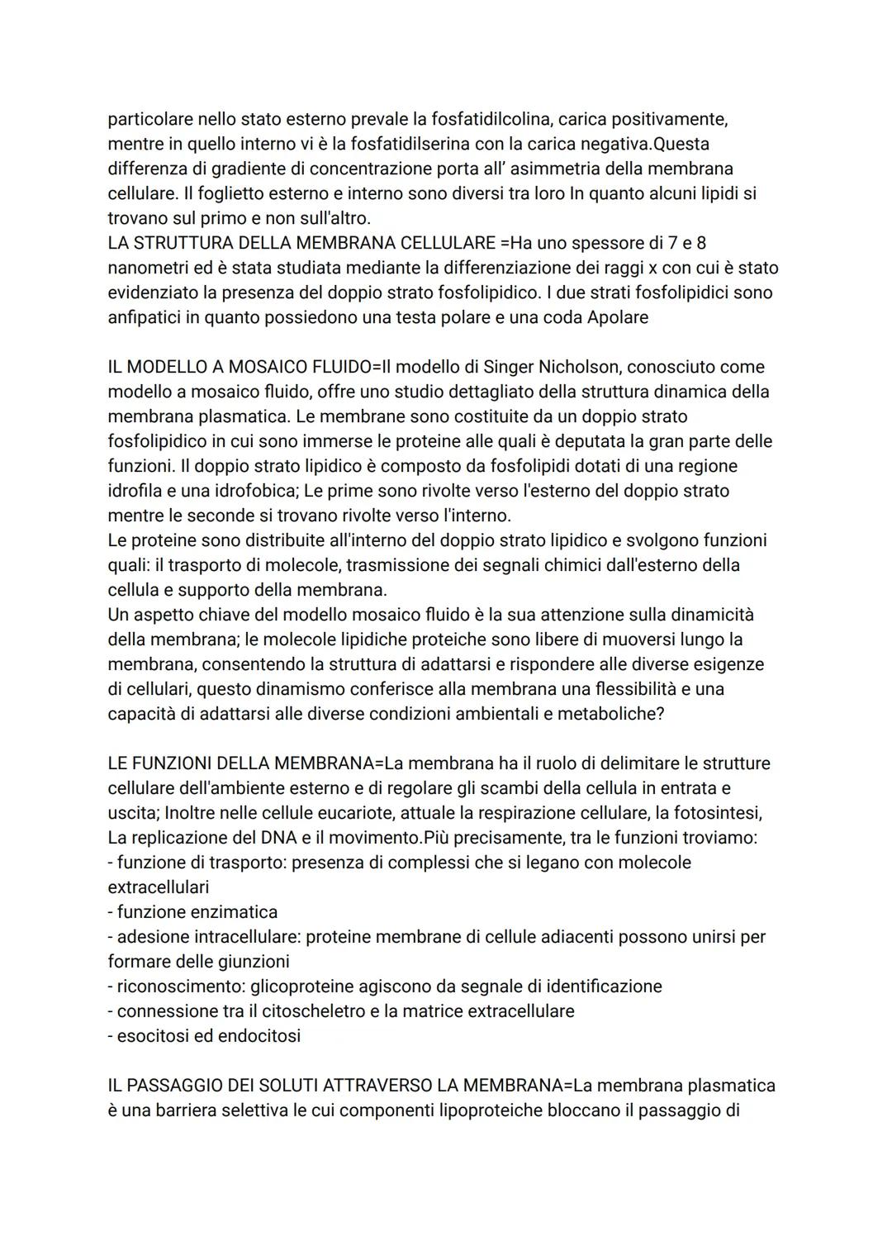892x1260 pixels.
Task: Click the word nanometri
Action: [x=149, y=268]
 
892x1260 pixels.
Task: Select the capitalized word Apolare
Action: [x=617, y=317]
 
